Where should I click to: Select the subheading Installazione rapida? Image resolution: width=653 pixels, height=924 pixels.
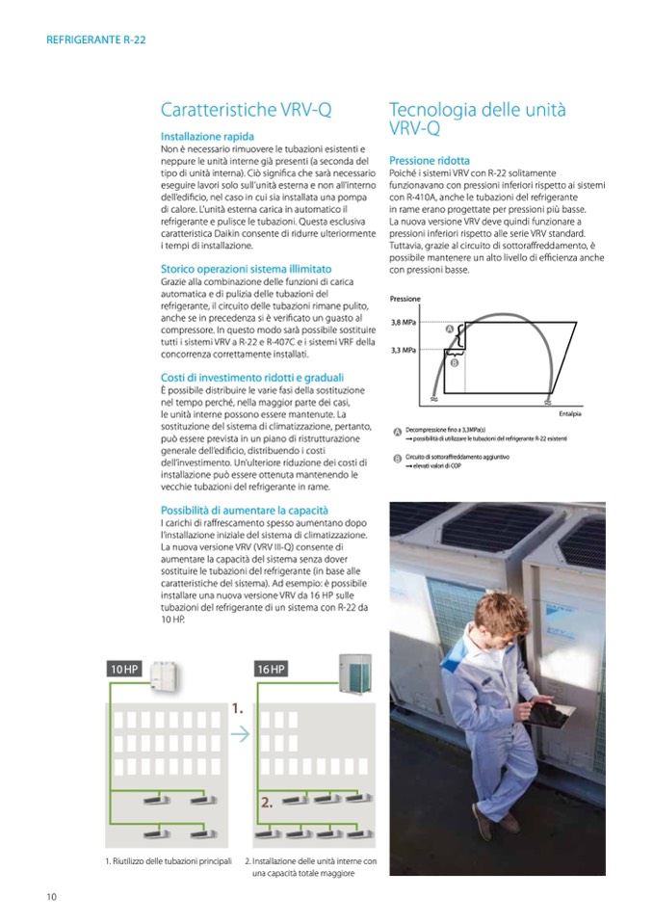(207, 138)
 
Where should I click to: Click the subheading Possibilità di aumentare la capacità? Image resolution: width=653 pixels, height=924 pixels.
(245, 510)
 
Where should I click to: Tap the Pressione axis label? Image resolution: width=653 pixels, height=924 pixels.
(405, 300)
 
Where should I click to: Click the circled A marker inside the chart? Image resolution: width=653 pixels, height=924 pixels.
(449, 330)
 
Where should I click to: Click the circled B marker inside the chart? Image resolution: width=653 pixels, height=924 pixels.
(455, 363)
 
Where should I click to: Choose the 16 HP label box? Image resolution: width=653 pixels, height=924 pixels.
(272, 669)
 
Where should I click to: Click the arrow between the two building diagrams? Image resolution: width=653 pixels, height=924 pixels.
(240, 734)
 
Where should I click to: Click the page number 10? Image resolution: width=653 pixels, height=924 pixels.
(51, 897)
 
